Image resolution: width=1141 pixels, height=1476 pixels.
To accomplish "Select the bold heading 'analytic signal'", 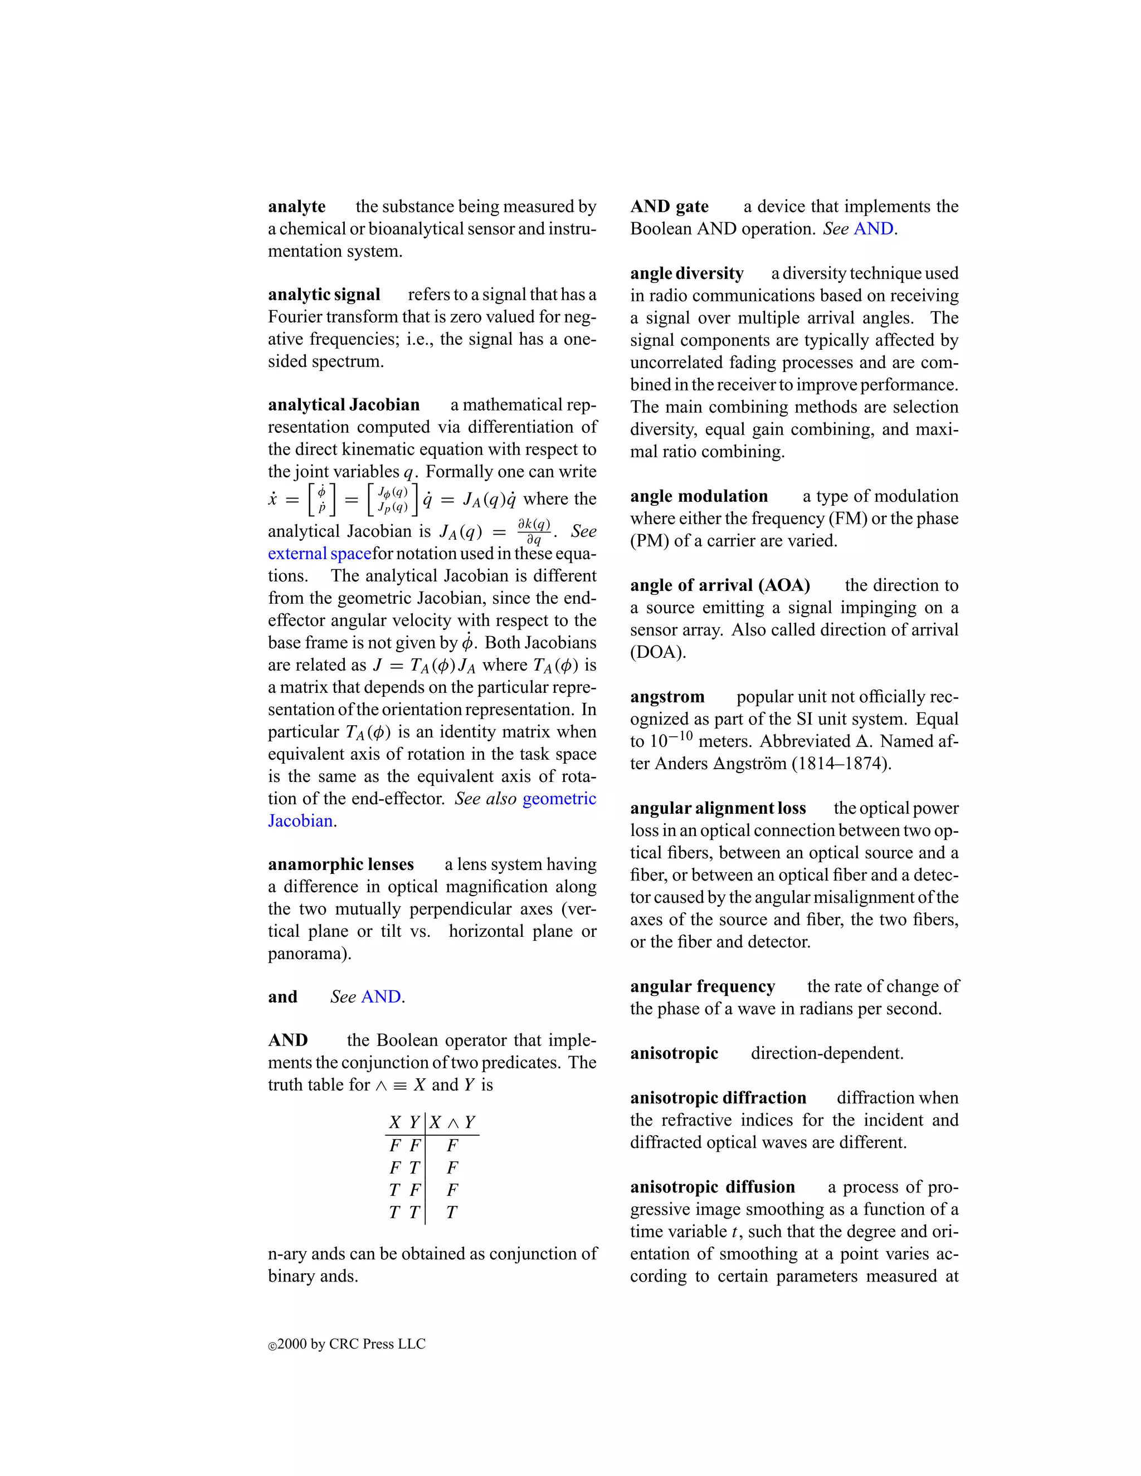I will [324, 295].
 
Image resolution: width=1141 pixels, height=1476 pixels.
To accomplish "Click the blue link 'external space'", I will [320, 554].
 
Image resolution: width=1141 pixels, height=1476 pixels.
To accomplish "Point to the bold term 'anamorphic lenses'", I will [340, 864].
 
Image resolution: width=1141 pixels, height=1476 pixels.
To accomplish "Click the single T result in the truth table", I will [451, 1213].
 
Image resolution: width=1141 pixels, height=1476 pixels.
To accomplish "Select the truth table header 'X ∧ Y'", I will [452, 1122].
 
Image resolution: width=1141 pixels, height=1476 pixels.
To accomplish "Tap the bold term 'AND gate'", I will [669, 207].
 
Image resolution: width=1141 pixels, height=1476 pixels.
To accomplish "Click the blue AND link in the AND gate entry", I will [874, 229].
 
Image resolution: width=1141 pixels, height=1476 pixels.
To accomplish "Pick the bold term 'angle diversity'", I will [687, 273].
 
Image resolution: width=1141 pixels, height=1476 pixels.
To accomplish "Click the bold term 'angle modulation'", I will [699, 497].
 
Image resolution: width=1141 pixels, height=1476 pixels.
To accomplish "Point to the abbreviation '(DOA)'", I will [658, 652].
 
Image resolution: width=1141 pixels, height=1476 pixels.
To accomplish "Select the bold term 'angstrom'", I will [667, 697].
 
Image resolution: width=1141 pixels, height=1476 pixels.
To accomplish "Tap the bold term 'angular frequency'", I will [703, 987].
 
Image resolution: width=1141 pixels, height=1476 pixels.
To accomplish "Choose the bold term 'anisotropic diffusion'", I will [713, 1187].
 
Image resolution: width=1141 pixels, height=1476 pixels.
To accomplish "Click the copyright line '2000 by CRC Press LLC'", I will [351, 1344].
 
